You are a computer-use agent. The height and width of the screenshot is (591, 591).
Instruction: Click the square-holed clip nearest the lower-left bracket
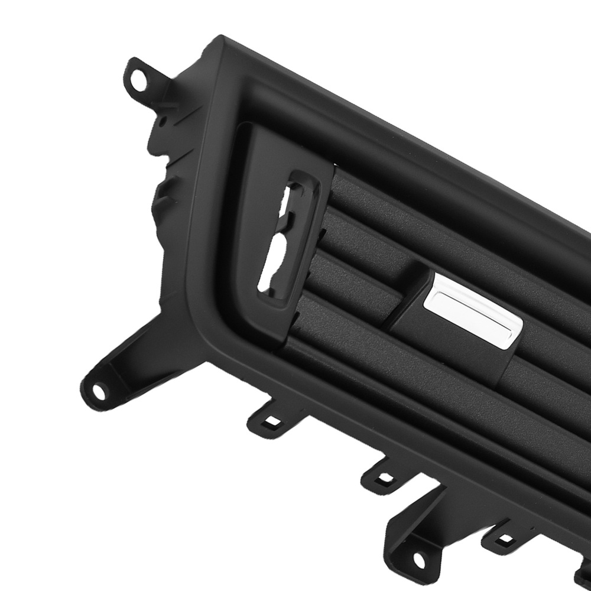[x=271, y=421]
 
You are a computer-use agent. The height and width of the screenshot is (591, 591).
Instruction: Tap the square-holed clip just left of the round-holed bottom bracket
[x=383, y=475]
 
